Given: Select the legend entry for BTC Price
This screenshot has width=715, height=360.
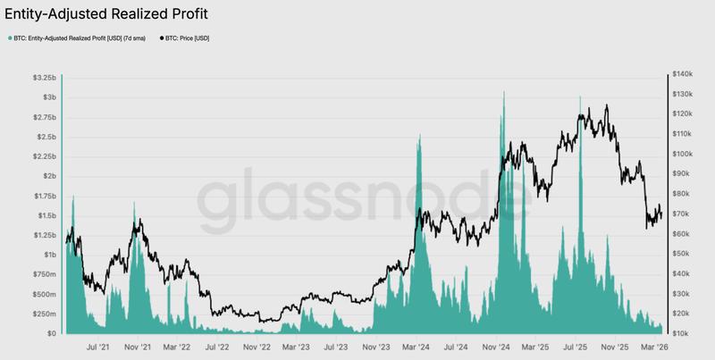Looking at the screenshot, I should [x=189, y=38].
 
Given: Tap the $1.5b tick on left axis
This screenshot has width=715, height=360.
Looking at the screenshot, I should [x=46, y=215].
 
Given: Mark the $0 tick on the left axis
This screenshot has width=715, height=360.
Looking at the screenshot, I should [x=52, y=333].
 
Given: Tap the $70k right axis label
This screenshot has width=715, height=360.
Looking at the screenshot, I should [x=685, y=213].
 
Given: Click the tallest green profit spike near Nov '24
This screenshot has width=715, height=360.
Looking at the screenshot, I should [x=504, y=93].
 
